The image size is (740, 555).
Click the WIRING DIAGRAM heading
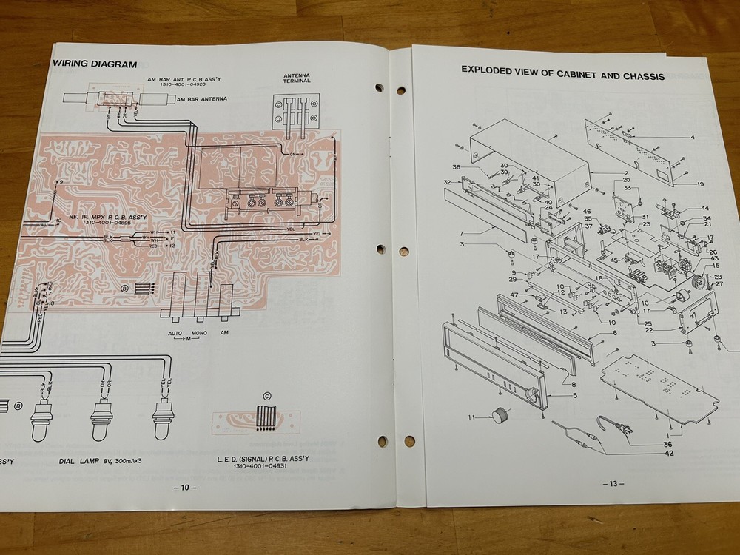pyautogui.click(x=95, y=64)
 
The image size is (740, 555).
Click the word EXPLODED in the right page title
pyautogui.click(x=492, y=71)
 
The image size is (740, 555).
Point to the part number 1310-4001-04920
pyautogui.click(x=188, y=86)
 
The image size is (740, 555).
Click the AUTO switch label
pyautogui.click(x=175, y=333)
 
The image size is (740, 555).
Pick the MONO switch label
pyautogui.click(x=198, y=333)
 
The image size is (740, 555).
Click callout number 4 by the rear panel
pyautogui.click(x=693, y=137)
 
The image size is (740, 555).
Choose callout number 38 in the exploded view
pyautogui.click(x=457, y=166)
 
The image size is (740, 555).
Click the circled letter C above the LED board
pyautogui.click(x=266, y=395)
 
